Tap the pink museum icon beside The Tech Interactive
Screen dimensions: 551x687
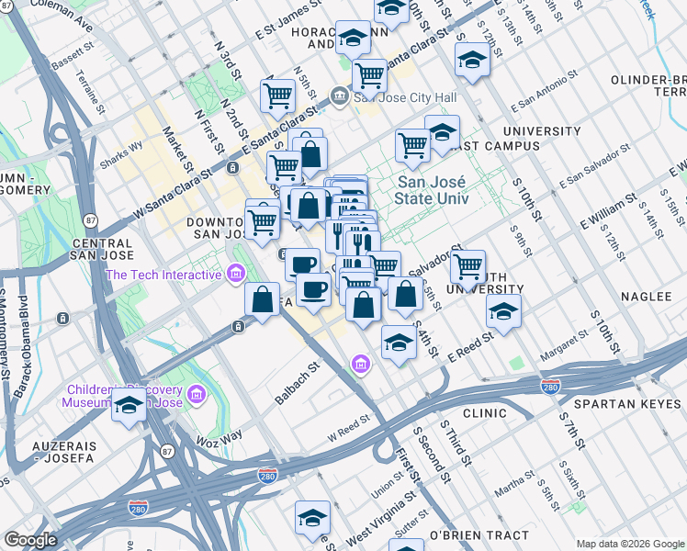click(236, 274)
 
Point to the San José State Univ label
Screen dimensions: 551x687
click(432, 190)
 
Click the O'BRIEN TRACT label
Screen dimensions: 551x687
click(479, 534)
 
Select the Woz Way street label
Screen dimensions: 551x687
click(219, 434)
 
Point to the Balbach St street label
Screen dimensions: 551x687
click(296, 385)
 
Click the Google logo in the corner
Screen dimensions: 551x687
click(30, 540)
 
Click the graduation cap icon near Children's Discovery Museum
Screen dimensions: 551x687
click(129, 404)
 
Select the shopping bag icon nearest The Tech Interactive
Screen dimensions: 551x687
click(263, 299)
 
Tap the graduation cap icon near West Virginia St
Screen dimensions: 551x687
click(312, 517)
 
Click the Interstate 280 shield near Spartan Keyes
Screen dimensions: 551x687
click(551, 388)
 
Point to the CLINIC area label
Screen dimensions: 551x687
click(485, 414)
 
